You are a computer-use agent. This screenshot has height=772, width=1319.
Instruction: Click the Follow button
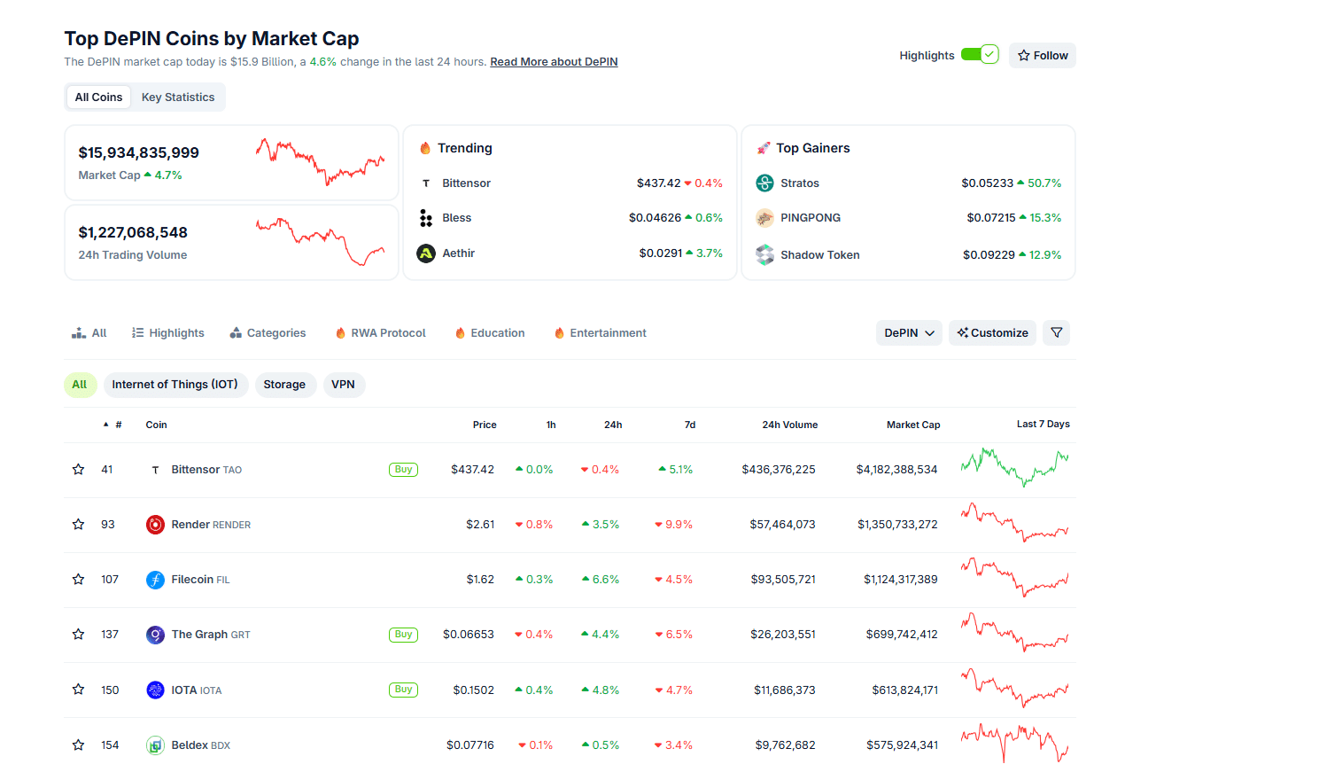[x=1042, y=55]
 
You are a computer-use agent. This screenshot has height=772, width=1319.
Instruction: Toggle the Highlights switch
[x=980, y=54]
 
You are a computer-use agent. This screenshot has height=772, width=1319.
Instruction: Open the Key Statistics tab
[x=178, y=97]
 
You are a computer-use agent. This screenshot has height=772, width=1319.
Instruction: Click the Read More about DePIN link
[x=554, y=62]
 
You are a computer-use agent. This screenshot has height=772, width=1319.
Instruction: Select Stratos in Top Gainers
[x=799, y=183]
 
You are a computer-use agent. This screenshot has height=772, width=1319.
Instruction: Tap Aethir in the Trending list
[x=458, y=253]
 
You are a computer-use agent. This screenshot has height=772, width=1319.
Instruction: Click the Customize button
[x=992, y=333]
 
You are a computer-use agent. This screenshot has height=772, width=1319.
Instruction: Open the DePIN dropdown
[x=909, y=333]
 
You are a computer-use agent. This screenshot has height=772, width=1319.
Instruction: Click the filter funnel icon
[x=1056, y=333]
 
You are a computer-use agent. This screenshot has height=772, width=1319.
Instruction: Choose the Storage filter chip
[x=284, y=385]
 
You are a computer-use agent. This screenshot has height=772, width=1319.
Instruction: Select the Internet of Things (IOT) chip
[x=175, y=385]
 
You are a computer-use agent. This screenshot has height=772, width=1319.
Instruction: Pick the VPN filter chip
[x=343, y=385]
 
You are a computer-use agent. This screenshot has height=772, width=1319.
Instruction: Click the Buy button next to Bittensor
[x=403, y=470]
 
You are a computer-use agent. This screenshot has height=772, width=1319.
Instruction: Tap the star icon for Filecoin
[x=79, y=580]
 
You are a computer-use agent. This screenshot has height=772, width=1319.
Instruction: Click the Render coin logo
[x=155, y=525]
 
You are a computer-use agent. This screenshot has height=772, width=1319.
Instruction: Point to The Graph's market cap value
[x=901, y=635]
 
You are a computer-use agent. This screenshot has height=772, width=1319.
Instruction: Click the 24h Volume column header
[x=789, y=425]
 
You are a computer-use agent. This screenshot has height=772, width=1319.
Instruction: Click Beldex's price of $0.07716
[x=469, y=745]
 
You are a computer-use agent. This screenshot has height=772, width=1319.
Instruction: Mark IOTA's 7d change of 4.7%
[x=674, y=690]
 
